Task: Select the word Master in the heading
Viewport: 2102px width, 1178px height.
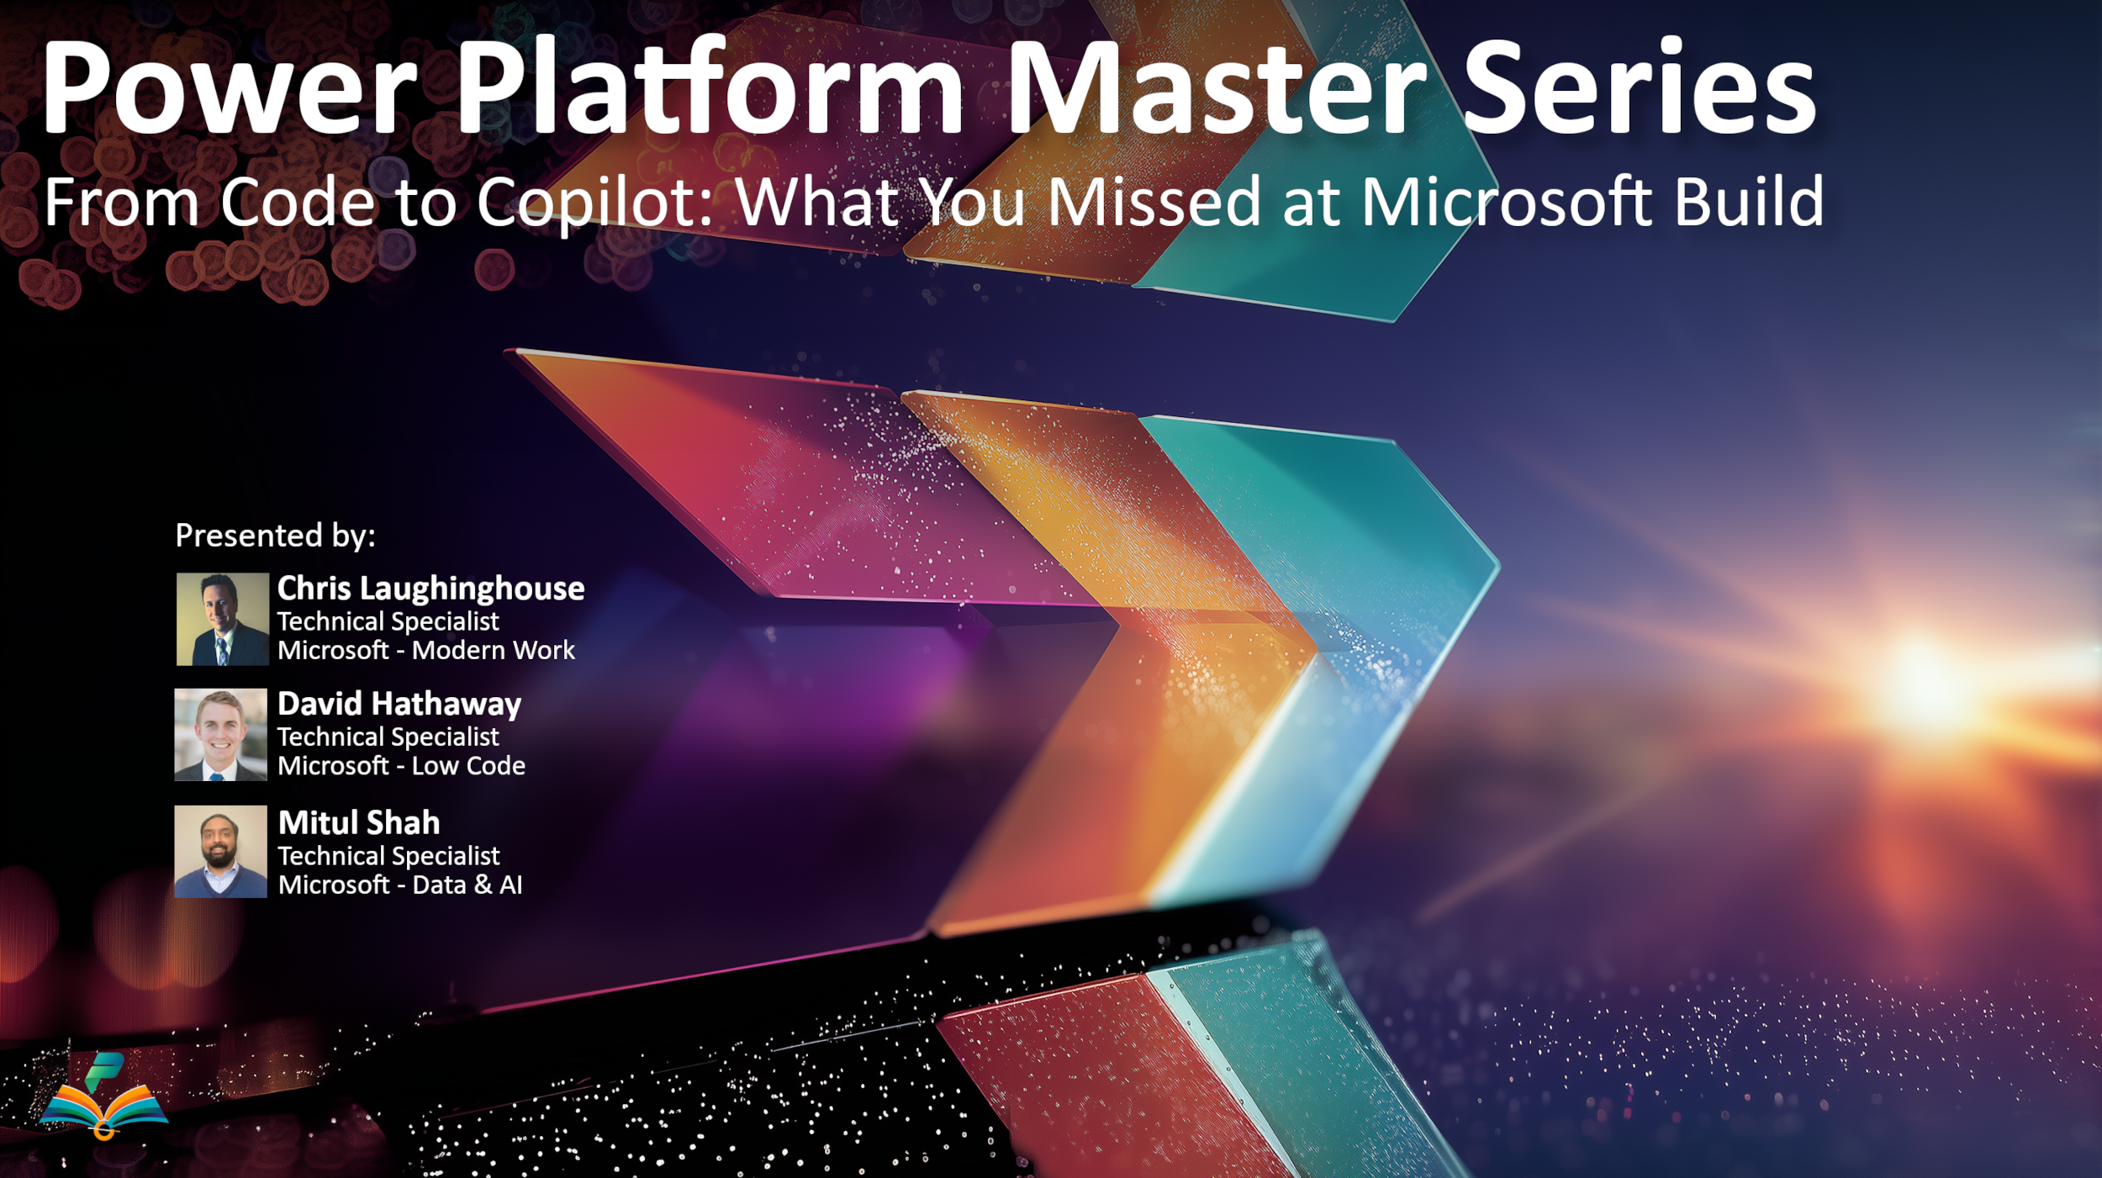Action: pos(1217,87)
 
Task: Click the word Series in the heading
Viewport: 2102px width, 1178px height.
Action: pos(1640,87)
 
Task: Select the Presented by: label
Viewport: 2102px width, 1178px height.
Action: pos(275,536)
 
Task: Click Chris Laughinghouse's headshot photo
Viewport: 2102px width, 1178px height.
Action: pos(222,619)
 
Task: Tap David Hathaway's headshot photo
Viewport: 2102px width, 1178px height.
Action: pos(220,735)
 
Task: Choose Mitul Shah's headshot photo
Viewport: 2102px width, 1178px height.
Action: pos(220,852)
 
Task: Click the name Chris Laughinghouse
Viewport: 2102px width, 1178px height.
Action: pos(430,589)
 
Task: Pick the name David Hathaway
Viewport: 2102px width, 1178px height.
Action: pos(399,705)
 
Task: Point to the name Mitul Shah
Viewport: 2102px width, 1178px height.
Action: pos(359,822)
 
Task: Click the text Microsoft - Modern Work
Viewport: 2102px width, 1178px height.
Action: pos(426,650)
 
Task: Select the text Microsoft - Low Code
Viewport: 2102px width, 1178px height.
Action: pos(401,765)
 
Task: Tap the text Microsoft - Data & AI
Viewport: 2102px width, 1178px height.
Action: pos(400,885)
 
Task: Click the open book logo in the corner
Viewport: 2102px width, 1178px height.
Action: pos(103,1096)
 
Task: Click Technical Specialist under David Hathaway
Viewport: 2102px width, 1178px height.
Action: pos(388,737)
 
